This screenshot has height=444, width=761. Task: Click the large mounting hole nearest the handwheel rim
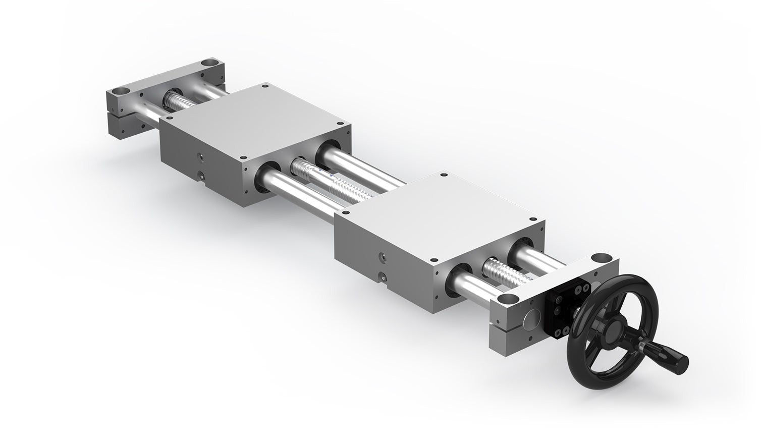pos(600,256)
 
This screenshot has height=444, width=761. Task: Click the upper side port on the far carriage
pos(202,158)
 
